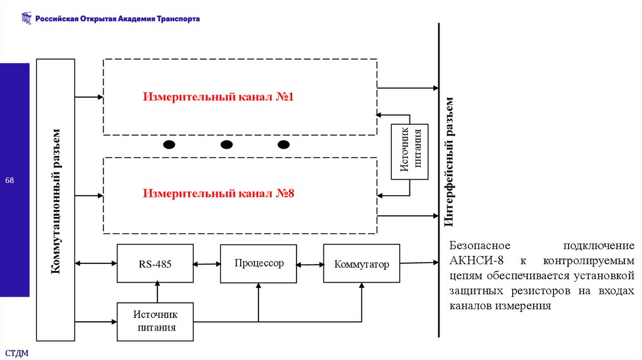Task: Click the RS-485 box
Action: click(x=155, y=264)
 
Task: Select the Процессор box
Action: click(x=259, y=263)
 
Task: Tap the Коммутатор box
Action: click(x=362, y=264)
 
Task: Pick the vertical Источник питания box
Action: click(x=410, y=152)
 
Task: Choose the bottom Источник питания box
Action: click(x=155, y=321)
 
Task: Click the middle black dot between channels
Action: click(x=226, y=145)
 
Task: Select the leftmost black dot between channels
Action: click(x=169, y=145)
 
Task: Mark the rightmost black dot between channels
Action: click(x=284, y=145)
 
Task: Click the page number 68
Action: click(x=10, y=181)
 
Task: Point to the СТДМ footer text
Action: click(x=17, y=353)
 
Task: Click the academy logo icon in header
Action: click(x=26, y=19)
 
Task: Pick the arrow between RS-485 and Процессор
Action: click(x=207, y=264)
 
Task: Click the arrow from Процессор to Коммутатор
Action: click(x=310, y=264)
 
